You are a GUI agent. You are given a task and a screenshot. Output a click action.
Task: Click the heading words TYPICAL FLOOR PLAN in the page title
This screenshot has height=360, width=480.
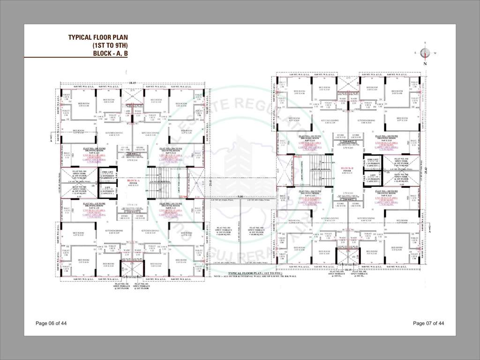(97, 37)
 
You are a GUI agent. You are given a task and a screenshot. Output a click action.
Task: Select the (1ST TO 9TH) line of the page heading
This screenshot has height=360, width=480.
(110, 45)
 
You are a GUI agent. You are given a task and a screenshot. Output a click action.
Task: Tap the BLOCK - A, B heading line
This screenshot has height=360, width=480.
(105, 53)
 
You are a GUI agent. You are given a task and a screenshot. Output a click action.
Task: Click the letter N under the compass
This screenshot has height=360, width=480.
(425, 63)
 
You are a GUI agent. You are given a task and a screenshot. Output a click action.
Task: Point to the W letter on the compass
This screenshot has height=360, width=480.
(435, 53)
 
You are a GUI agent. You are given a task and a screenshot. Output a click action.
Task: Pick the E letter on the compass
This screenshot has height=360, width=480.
(415, 53)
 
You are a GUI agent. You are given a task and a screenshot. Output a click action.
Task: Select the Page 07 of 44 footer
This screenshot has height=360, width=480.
(428, 323)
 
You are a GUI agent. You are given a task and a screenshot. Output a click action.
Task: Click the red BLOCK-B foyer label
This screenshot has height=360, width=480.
(347, 167)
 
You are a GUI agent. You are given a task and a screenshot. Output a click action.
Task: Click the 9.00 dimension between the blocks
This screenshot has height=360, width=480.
(240, 196)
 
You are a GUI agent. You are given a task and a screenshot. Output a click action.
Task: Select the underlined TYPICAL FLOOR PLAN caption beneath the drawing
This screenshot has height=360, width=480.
(253, 272)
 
